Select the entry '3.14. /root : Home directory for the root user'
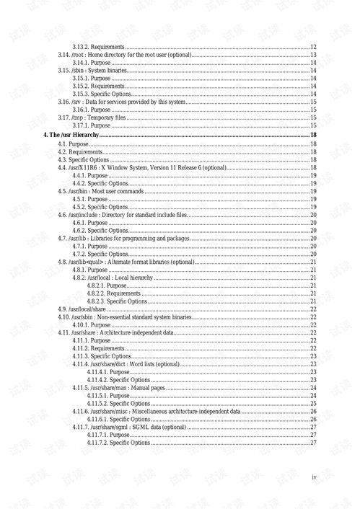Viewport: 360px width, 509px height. click(124, 56)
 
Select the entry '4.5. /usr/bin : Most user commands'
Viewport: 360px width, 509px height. click(101, 191)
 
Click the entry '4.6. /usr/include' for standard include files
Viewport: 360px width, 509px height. click(123, 215)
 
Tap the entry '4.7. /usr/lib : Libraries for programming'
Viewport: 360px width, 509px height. click(123, 238)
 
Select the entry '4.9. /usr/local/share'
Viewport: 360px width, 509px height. click(87, 309)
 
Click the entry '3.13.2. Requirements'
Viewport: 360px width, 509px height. click(98, 47)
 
